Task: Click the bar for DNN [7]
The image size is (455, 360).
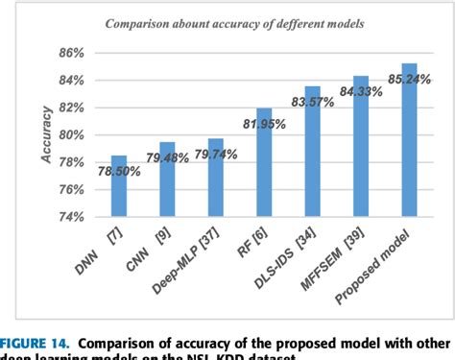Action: coord(119,186)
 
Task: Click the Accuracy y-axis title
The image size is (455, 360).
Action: coord(46,133)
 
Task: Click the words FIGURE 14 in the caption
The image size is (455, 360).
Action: coord(36,341)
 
